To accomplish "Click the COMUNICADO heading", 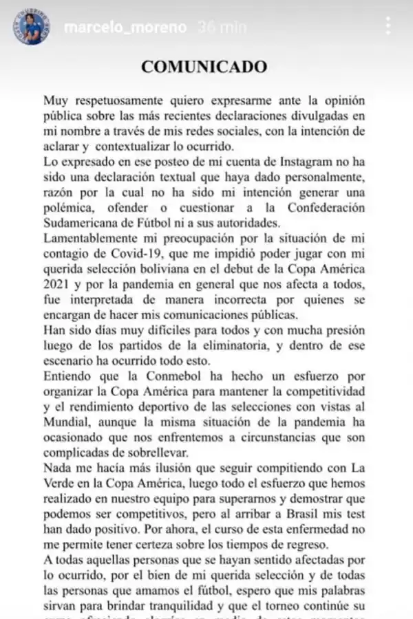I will (x=204, y=67).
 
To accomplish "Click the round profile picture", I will (x=30, y=28).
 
